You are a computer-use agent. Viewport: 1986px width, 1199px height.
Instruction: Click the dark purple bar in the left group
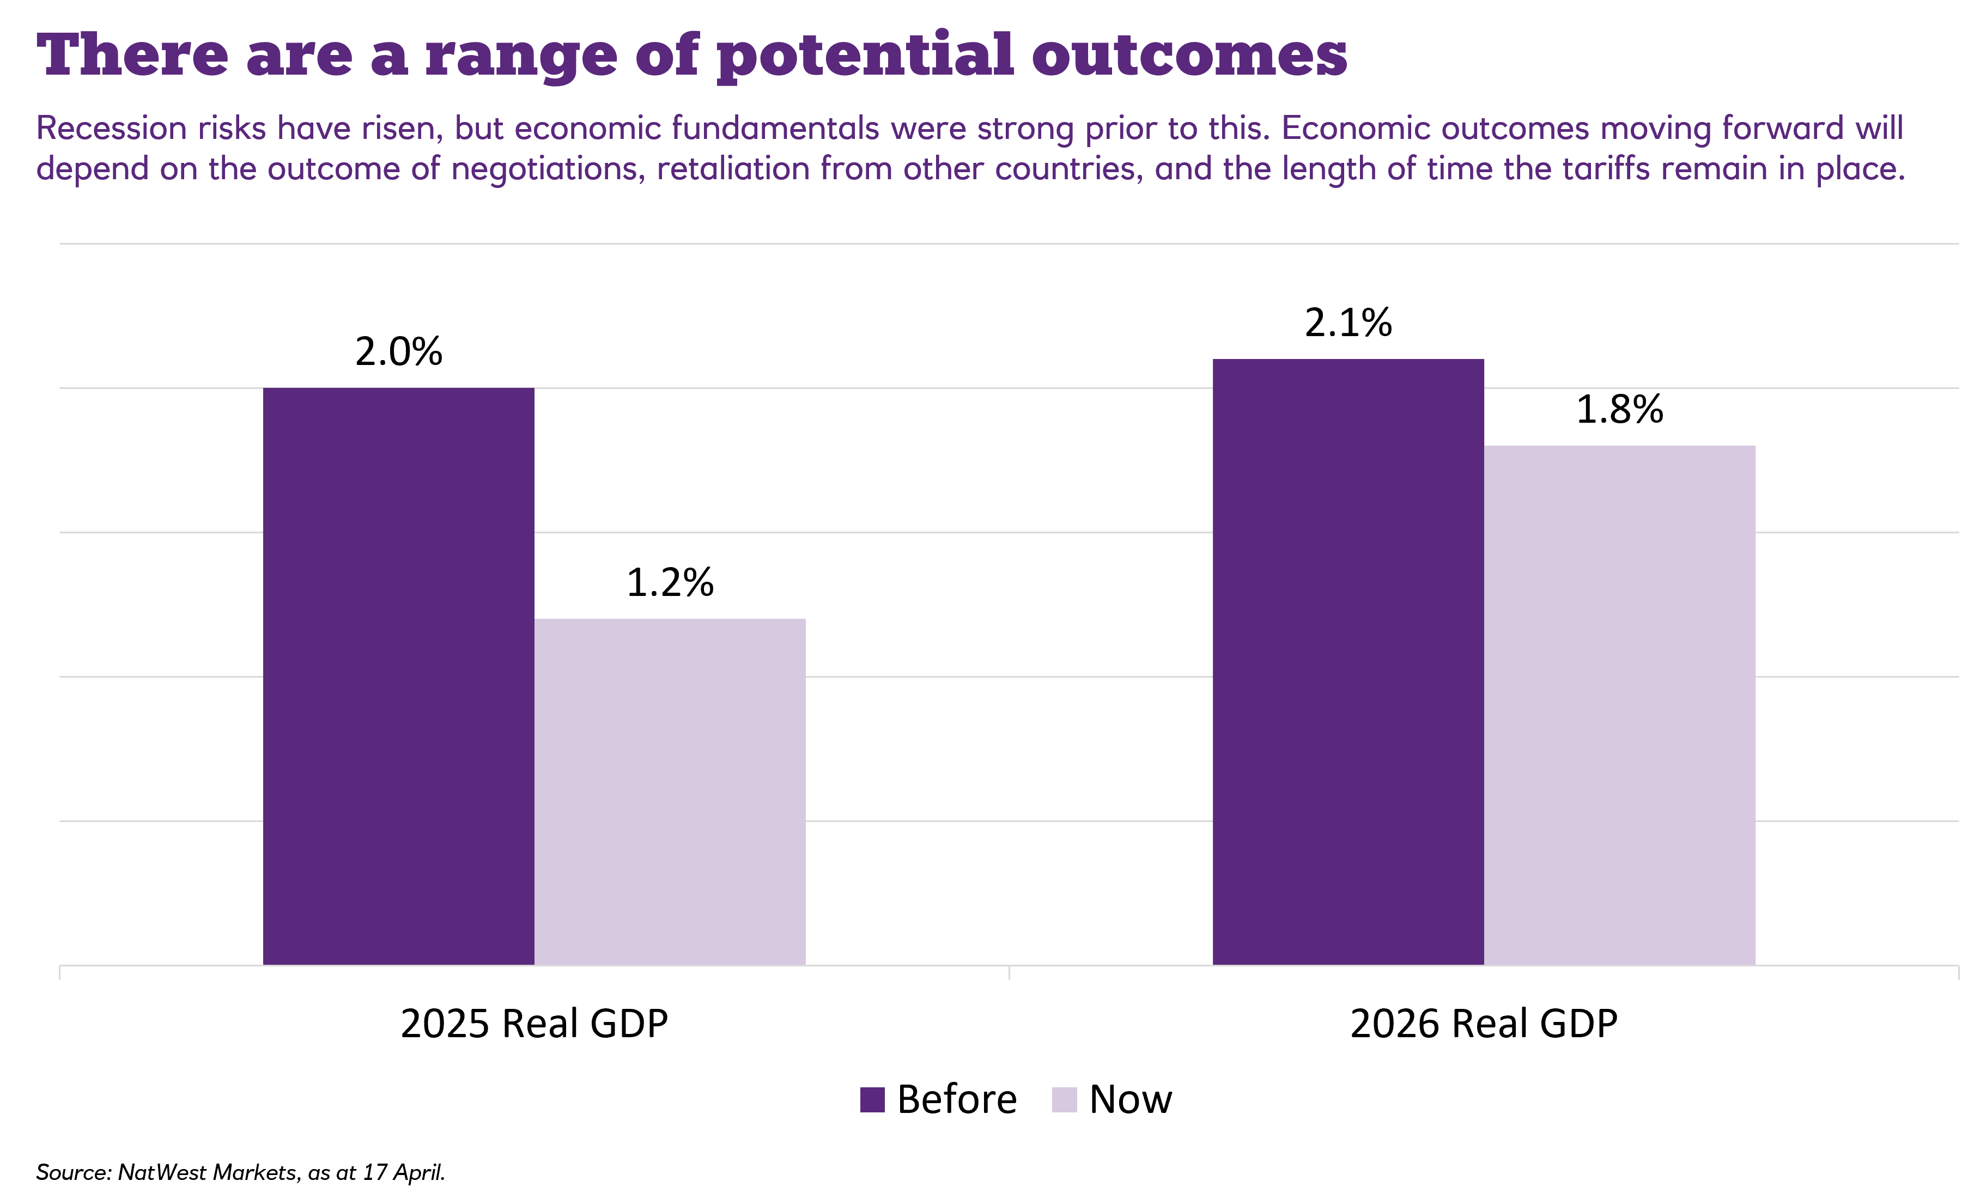click(398, 677)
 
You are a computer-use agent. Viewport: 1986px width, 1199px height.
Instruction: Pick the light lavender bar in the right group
click(1619, 705)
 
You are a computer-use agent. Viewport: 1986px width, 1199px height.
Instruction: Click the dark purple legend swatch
click(872, 1100)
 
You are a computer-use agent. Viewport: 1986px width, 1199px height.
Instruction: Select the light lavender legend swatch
click(1064, 1100)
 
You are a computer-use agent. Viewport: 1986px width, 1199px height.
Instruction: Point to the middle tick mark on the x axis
click(1009, 972)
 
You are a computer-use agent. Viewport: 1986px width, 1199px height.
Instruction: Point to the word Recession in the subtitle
click(111, 129)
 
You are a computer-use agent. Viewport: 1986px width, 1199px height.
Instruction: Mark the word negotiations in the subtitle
click(548, 170)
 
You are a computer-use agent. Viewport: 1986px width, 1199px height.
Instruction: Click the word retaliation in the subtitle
click(733, 169)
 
